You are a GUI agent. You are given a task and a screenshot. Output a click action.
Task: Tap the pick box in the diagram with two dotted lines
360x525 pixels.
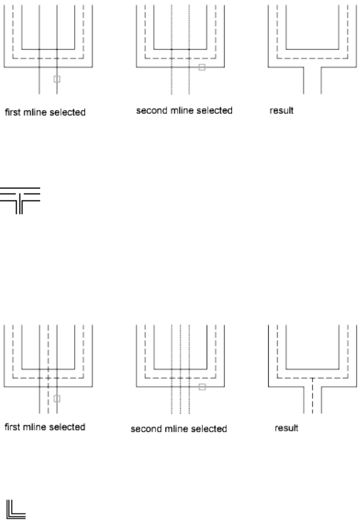202,67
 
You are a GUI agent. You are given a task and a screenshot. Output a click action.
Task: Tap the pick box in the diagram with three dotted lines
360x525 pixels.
202,387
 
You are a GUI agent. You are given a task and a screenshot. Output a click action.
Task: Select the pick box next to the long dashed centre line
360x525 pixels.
56,397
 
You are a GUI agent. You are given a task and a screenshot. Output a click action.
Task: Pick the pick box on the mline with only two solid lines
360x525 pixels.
56,78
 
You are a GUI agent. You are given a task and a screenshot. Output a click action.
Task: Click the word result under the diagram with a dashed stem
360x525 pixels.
281,428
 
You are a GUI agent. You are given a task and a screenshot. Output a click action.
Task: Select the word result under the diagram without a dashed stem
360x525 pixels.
281,111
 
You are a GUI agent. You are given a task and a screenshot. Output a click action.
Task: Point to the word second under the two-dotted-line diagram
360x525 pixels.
148,111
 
